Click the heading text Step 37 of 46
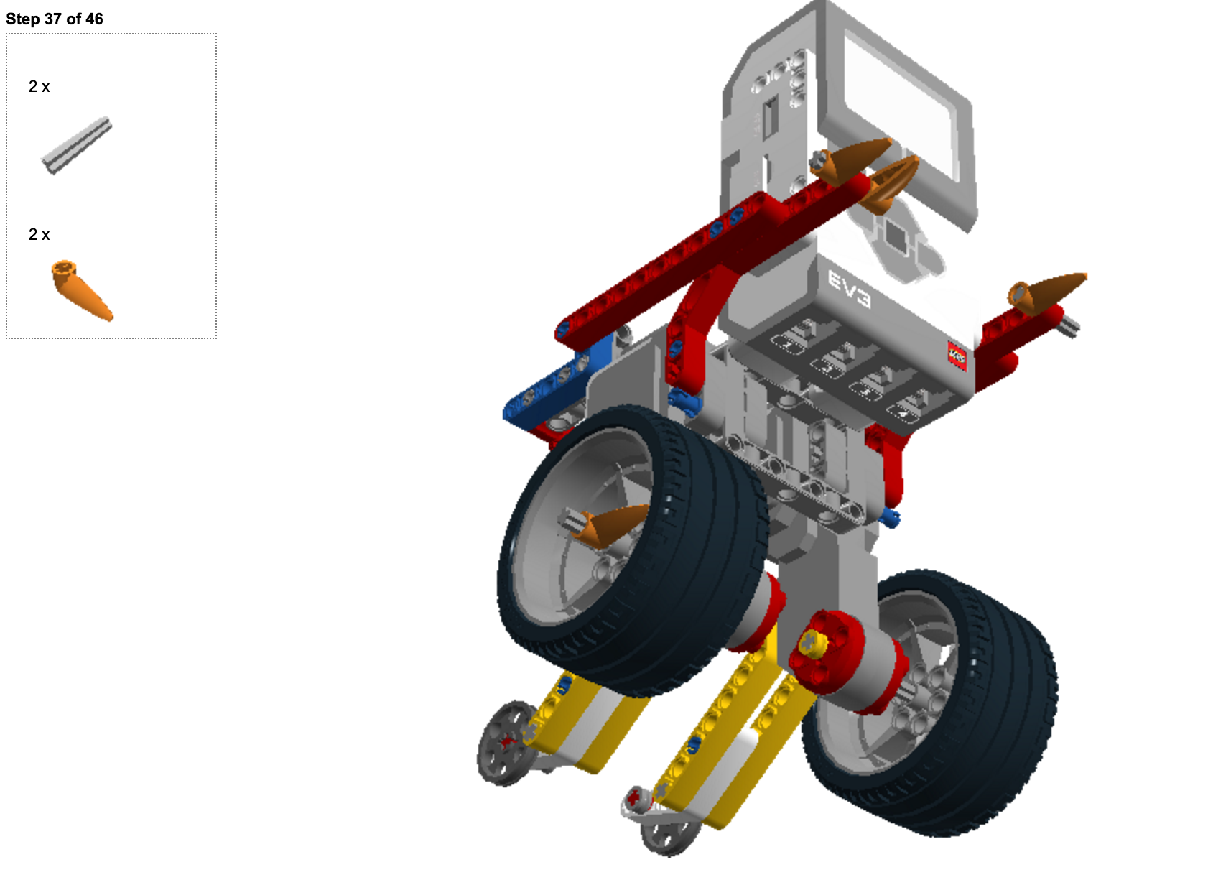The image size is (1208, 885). pos(54,19)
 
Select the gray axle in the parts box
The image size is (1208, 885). pos(77,146)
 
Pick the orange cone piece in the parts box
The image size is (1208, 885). pos(82,290)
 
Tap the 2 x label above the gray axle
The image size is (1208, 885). pos(39,86)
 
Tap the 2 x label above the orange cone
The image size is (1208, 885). pos(39,234)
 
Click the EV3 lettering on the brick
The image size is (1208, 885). pos(850,289)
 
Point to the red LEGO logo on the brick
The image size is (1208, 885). pos(957,356)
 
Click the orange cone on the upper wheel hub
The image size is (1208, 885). pos(612,526)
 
